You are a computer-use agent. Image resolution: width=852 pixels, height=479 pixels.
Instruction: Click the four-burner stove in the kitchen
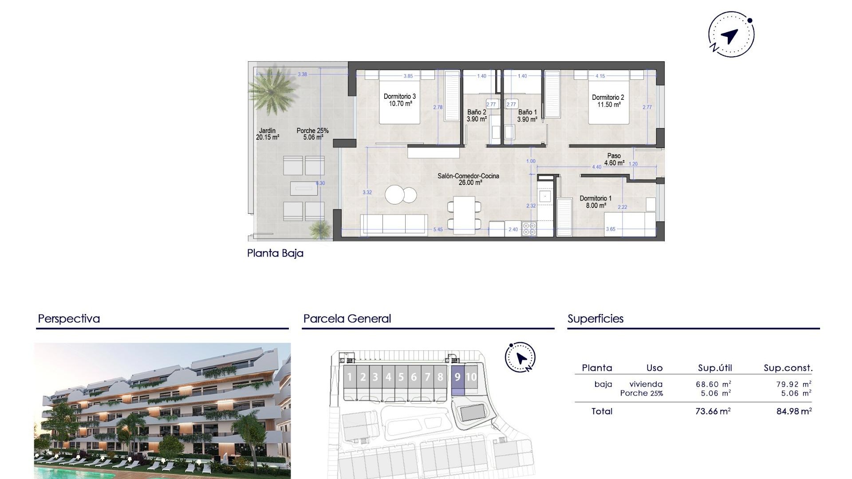pos(529,229)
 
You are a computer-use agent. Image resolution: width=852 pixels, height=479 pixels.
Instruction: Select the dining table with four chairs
pos(464,215)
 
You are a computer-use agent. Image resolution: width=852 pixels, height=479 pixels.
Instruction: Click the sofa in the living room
pos(394,224)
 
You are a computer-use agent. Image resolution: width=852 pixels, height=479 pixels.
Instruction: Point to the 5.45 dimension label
pos(438,229)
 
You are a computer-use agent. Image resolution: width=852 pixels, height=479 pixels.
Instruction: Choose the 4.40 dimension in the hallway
pos(596,167)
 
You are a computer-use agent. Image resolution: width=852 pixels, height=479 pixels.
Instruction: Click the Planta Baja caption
pos(275,253)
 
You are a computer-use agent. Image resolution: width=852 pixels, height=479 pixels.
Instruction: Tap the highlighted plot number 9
pos(458,377)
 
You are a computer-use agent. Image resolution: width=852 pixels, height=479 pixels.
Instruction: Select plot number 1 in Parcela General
pos(349,377)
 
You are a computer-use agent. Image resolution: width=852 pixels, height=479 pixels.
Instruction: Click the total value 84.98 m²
pos(794,411)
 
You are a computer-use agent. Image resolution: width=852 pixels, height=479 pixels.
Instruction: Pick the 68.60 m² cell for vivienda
pos(713,385)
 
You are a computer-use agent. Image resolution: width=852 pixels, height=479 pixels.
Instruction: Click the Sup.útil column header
pos(715,368)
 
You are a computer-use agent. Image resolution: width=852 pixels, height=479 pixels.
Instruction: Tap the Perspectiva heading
pos(69,318)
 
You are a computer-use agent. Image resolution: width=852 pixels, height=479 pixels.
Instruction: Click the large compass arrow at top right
pos(730,36)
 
